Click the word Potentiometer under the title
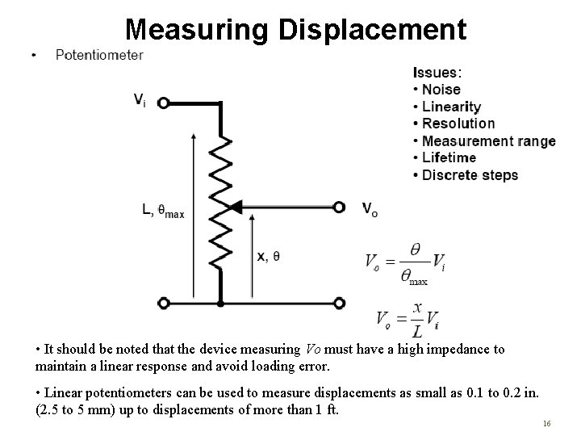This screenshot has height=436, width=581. (99, 55)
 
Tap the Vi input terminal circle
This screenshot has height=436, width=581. (164, 103)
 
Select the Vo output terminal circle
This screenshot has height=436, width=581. (340, 208)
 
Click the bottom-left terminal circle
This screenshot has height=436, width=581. (164, 304)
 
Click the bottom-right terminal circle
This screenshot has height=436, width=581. (340, 304)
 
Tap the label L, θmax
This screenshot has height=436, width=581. (163, 212)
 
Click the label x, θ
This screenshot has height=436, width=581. (269, 256)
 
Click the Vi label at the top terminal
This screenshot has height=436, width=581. (140, 100)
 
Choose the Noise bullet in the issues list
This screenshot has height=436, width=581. (441, 90)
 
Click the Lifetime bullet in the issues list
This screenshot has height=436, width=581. (449, 157)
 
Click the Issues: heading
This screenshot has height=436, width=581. (437, 73)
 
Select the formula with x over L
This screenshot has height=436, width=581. (407, 319)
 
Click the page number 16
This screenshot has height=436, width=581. (547, 422)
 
